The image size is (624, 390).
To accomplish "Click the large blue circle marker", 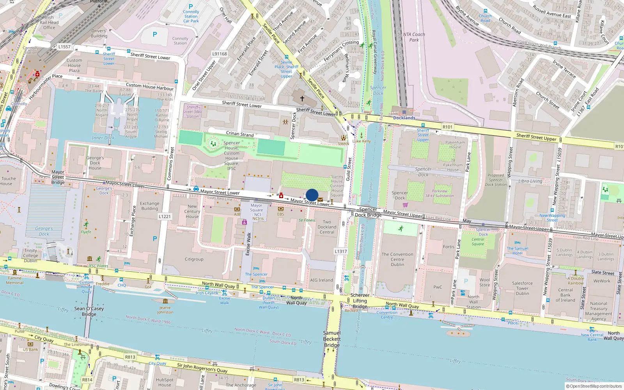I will [312, 195].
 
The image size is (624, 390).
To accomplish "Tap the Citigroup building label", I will [194, 259].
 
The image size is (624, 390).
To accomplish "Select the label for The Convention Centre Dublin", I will [397, 259].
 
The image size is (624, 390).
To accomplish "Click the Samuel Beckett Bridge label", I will [331, 339].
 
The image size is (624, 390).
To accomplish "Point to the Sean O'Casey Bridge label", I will [89, 311].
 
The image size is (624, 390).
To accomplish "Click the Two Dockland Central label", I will [327, 227].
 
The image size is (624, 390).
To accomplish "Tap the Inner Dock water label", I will [103, 138].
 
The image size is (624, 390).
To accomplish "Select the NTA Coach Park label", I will [414, 37].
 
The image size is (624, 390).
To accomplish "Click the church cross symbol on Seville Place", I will [302, 98].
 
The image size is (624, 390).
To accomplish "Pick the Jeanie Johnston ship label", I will [165, 310].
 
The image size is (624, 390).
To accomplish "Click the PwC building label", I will [438, 287].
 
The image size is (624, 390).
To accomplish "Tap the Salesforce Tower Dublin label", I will [522, 288].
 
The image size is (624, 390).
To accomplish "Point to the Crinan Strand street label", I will [239, 134].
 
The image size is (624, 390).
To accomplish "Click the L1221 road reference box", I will [165, 216].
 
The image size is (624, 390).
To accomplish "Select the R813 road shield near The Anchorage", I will [299, 379].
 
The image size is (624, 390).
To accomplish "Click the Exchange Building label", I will [149, 206].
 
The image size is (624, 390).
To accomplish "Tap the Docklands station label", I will [404, 118].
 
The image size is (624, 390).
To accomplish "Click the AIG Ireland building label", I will [321, 280].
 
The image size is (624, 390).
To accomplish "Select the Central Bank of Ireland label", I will [565, 295].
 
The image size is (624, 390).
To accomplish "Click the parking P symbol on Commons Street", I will [155, 239].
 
